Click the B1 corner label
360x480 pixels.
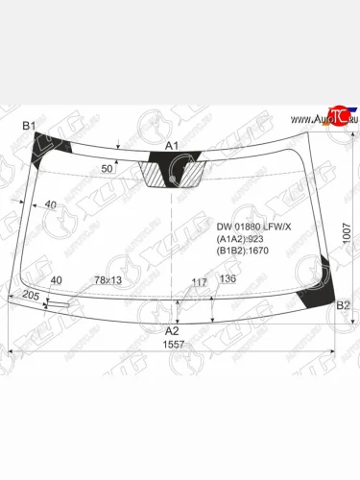pos(29,127)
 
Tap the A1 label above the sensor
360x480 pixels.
pos(173,146)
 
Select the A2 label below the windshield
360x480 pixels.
pos(173,329)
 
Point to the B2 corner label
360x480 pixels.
pos(343,305)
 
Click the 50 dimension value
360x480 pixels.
pos(108,169)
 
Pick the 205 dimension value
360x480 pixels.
pos(29,297)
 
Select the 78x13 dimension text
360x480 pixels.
pos(108,280)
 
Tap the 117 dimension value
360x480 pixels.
pos(200,281)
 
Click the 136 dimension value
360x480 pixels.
pos(228,279)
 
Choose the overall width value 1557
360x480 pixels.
pos(174,344)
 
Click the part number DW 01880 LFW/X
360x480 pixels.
pos(252,226)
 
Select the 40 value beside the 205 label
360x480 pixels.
pos(57,279)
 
